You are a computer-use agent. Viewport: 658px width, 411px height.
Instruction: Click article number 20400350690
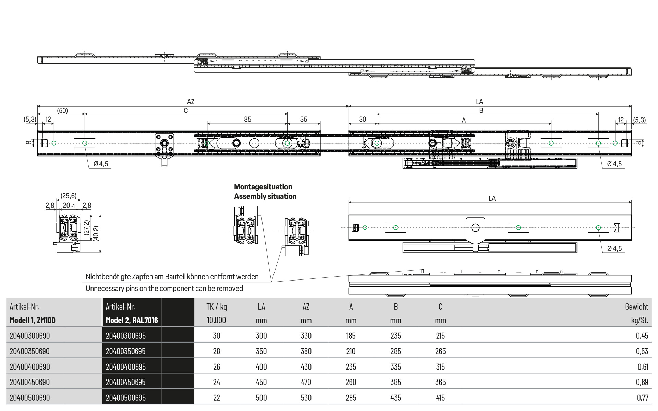[29, 351]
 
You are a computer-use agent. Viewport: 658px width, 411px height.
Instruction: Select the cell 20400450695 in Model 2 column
[125, 382]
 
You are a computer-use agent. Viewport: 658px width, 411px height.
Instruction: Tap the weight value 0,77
[643, 398]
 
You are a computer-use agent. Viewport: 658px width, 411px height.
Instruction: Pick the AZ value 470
[306, 382]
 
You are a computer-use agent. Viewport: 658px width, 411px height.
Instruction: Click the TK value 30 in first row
[217, 336]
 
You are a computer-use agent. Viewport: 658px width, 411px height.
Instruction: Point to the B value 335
[395, 367]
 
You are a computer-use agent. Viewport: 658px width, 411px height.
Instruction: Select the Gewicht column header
[637, 307]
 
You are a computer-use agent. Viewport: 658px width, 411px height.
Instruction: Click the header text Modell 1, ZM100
[33, 321]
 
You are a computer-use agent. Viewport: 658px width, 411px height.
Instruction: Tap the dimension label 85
[247, 119]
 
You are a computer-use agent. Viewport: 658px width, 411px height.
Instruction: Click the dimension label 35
[304, 119]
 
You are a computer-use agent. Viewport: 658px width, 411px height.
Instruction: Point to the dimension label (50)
[62, 111]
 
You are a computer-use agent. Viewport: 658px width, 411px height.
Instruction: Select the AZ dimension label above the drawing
[191, 102]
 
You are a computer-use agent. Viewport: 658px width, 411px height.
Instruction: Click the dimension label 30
[363, 119]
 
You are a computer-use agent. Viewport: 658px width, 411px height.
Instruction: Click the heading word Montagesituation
[263, 187]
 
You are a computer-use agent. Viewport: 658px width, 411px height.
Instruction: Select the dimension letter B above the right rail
[481, 111]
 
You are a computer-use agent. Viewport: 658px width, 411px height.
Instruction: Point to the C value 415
[440, 398]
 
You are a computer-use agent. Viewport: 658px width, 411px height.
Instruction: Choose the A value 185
[351, 336]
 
